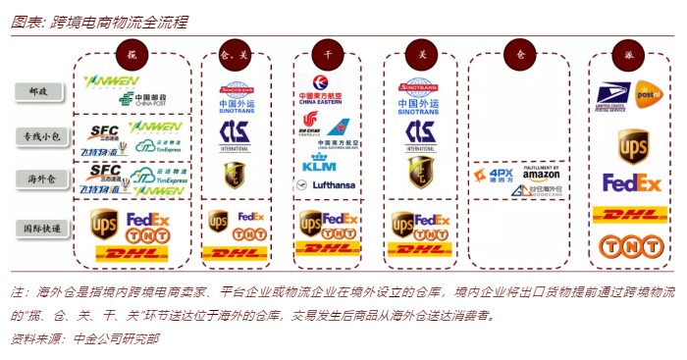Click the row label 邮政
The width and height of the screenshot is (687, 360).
click(x=40, y=91)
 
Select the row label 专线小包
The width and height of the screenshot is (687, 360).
click(x=40, y=135)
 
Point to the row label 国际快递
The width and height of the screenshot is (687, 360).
click(x=40, y=228)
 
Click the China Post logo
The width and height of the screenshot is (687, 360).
click(x=142, y=99)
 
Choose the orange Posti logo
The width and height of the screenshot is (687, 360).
click(x=650, y=94)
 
